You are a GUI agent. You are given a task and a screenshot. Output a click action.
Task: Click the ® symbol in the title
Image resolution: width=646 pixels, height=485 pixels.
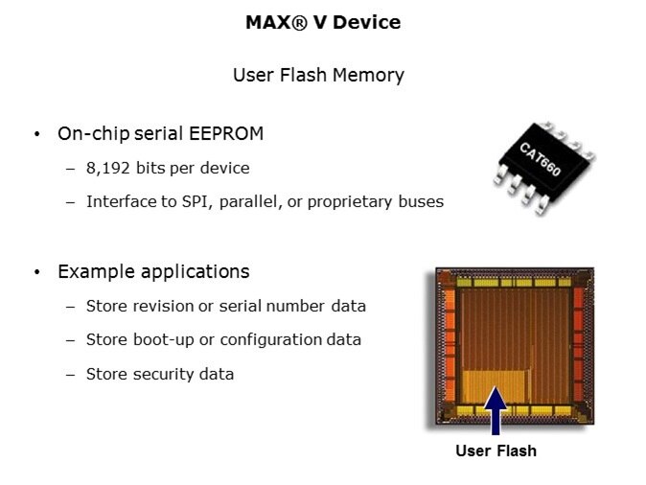pyautogui.click(x=299, y=22)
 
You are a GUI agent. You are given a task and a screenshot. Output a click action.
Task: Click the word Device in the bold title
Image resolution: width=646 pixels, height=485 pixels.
pyautogui.click(x=367, y=22)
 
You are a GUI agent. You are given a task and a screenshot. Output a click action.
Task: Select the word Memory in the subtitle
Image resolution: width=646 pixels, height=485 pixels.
pyautogui.click(x=368, y=76)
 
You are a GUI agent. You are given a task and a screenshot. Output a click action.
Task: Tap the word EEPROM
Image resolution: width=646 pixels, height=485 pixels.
pyautogui.click(x=226, y=133)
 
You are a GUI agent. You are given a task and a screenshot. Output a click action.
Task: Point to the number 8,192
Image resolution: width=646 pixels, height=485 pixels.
pyautogui.click(x=108, y=168)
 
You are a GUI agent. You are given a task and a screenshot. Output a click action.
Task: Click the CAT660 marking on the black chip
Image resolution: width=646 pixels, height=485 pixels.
pyautogui.click(x=541, y=159)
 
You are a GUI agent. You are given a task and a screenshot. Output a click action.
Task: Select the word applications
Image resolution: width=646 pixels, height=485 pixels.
pyautogui.click(x=195, y=272)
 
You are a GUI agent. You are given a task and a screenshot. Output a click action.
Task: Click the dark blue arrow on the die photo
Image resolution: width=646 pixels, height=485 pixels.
pyautogui.click(x=496, y=410)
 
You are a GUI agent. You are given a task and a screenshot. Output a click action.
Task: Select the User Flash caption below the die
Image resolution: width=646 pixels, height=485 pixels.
pyautogui.click(x=496, y=450)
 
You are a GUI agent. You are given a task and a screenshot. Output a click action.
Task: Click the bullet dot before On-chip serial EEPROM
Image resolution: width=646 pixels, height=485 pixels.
pyautogui.click(x=37, y=134)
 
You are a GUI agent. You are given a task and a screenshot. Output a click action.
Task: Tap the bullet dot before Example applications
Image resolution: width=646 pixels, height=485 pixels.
pyautogui.click(x=37, y=272)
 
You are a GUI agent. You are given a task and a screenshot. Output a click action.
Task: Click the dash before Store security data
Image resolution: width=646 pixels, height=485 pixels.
pyautogui.click(x=71, y=375)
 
